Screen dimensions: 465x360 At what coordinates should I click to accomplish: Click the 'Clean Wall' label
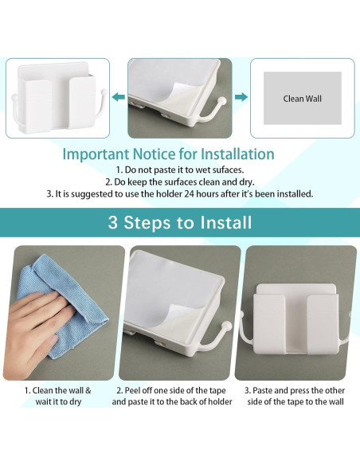click(x=302, y=99)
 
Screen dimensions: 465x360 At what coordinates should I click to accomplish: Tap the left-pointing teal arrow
click(x=118, y=97)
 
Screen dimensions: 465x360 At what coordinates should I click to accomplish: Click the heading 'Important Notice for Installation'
click(x=168, y=154)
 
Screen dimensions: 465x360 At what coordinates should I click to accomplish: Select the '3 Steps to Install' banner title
click(x=180, y=222)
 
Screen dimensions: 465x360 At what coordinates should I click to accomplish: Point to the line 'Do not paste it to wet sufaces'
click(x=180, y=170)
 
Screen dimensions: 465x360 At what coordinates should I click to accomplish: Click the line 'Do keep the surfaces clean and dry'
click(x=180, y=182)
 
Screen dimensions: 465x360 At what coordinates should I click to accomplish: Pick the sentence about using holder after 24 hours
click(x=180, y=193)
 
